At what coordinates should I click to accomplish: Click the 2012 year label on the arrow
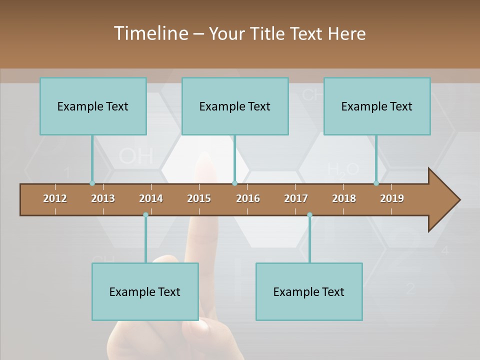(x=55, y=198)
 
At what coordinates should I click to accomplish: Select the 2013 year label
(x=103, y=198)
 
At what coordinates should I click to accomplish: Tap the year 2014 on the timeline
(x=151, y=198)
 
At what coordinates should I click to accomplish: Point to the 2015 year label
(x=199, y=198)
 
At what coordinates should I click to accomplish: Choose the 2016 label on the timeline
(x=248, y=198)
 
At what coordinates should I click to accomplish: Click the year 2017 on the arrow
(x=296, y=198)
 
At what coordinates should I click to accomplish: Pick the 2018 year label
(x=344, y=198)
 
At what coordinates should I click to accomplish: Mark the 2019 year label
(x=392, y=198)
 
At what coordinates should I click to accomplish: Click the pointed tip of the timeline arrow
(x=458, y=200)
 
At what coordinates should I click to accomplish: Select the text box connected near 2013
(x=93, y=106)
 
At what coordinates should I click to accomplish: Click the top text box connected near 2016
(x=235, y=106)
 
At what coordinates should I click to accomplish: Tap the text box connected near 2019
(x=377, y=106)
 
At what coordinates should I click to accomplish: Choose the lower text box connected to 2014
(x=145, y=291)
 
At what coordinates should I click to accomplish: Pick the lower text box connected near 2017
(x=309, y=291)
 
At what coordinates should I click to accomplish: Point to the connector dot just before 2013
(x=92, y=183)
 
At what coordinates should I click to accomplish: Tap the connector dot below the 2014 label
(x=145, y=214)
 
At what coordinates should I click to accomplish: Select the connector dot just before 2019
(x=376, y=183)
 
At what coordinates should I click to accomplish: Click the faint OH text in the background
(x=136, y=156)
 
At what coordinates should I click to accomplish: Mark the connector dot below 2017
(x=309, y=214)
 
